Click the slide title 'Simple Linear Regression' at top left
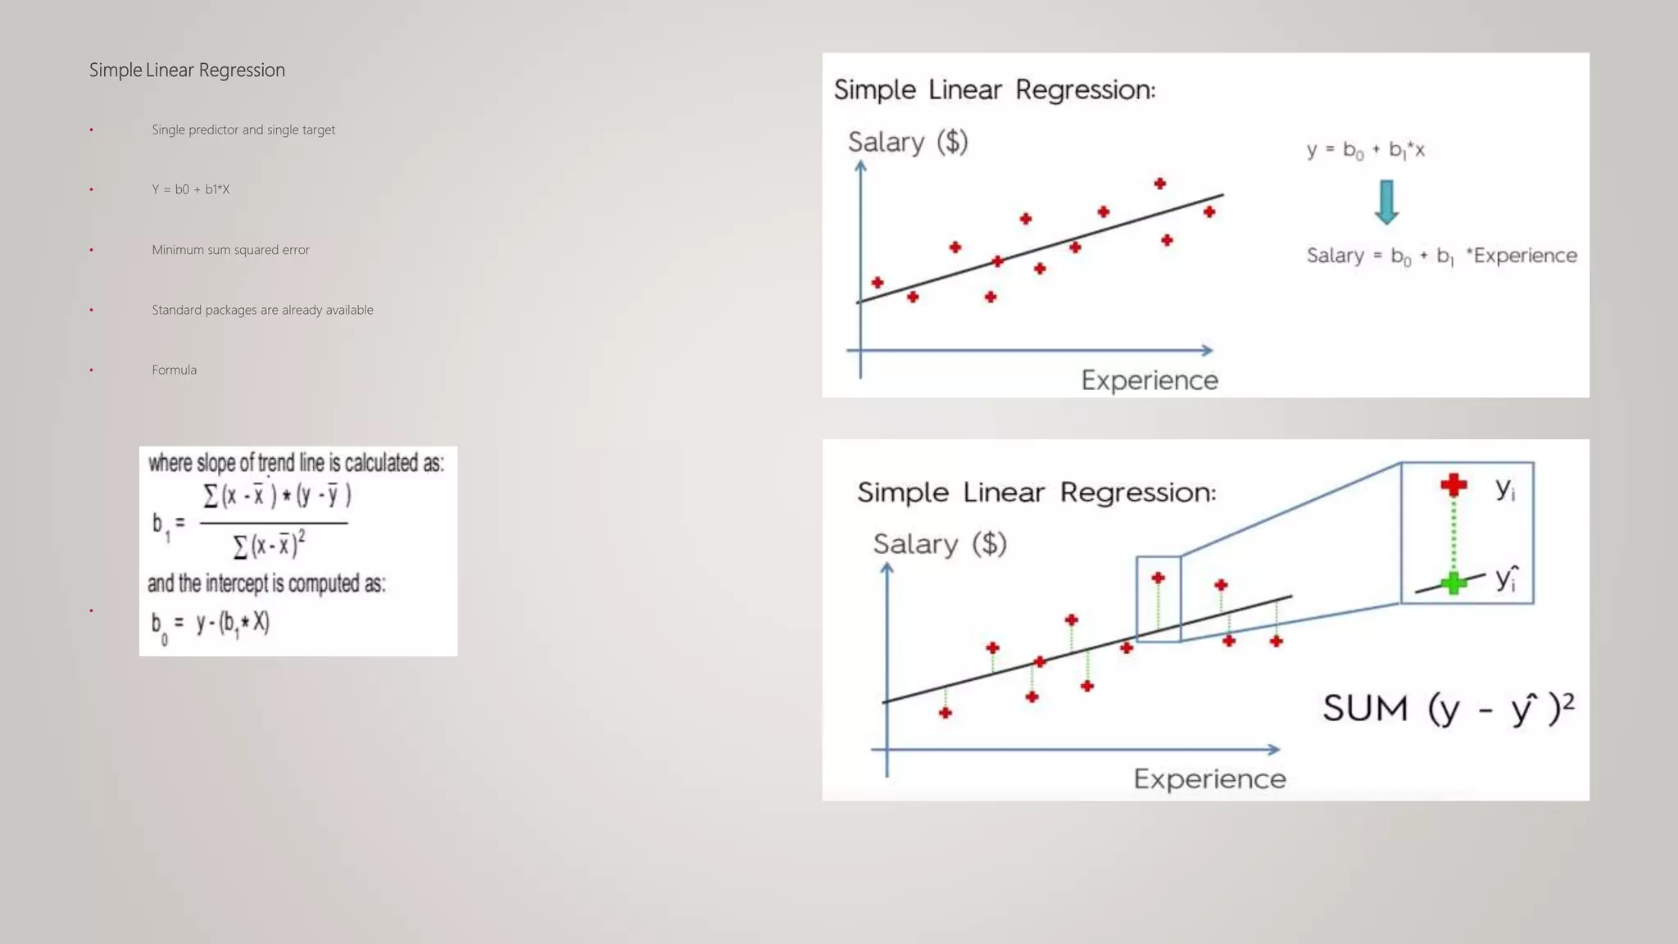pos(187,70)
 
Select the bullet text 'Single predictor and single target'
pos(243,129)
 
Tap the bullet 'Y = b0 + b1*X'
pos(190,189)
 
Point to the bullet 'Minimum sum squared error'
pos(230,250)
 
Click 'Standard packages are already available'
pos(262,310)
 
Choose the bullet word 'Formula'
pos(174,370)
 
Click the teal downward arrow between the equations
pos(1386,202)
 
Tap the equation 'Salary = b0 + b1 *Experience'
pos(1441,256)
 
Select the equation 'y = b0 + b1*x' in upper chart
pos(1366,150)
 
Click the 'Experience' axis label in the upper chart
pos(1150,380)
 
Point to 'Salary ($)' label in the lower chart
pos(940,543)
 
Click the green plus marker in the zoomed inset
pos(1454,583)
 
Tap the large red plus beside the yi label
pos(1454,485)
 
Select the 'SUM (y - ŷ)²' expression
pos(1448,708)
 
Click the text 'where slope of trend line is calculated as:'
pos(296,463)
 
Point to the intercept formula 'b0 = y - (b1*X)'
pos(211,624)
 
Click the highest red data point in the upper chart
pos(1159,184)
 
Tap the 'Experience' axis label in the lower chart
pos(1209,778)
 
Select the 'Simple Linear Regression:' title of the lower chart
pos(1036,492)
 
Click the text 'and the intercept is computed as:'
pos(266,583)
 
